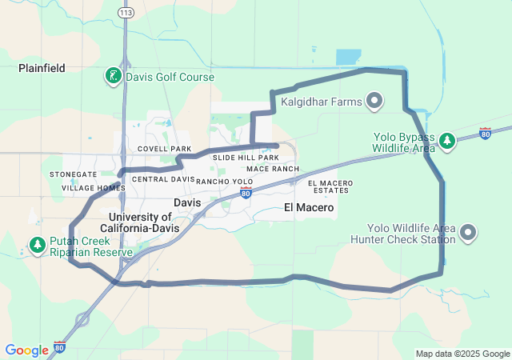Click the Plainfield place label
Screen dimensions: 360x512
point(42,69)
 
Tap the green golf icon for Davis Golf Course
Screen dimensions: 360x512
point(114,77)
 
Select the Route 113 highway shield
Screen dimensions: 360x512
point(126,13)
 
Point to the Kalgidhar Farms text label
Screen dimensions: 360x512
point(321,102)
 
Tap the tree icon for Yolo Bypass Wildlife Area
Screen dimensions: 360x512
point(448,142)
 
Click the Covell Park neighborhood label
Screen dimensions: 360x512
point(164,149)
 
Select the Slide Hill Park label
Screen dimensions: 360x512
point(246,158)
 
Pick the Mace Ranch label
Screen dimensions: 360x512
point(273,169)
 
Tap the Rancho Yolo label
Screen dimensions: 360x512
point(224,182)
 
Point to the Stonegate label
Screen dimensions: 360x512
point(73,174)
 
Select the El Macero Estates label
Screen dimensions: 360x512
point(330,187)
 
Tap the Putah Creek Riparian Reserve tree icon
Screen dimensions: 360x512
point(36,245)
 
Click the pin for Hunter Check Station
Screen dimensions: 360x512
point(469,233)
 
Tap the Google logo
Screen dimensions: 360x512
point(26,350)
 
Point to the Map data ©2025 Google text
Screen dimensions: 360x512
point(462,354)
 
